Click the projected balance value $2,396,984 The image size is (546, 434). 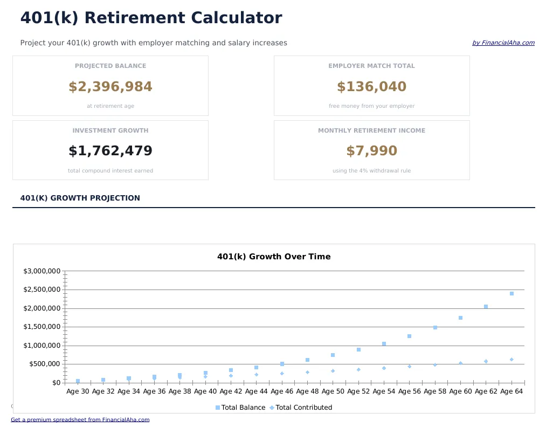click(x=110, y=87)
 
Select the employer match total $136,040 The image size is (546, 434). click(x=371, y=87)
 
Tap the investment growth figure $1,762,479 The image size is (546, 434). click(x=110, y=151)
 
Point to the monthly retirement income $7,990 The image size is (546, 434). click(x=371, y=151)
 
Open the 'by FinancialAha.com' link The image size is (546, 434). click(x=503, y=43)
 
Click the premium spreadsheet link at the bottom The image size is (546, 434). click(x=80, y=419)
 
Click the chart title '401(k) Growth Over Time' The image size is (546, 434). click(x=274, y=257)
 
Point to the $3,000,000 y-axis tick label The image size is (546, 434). click(x=42, y=271)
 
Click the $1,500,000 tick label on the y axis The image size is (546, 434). click(x=42, y=327)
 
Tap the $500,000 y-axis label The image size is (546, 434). click(x=44, y=364)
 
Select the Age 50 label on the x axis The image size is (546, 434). click(x=333, y=391)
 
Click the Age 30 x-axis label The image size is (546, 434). click(x=78, y=391)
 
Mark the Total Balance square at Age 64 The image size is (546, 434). click(x=512, y=294)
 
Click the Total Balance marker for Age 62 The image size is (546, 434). click(x=486, y=307)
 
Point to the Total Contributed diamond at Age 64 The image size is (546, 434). click(x=512, y=360)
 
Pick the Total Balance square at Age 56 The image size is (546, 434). click(x=409, y=336)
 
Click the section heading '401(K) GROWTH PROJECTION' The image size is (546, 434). click(x=80, y=198)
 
